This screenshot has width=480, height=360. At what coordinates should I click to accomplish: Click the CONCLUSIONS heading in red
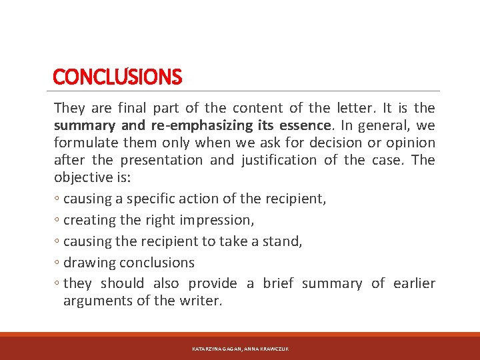117,77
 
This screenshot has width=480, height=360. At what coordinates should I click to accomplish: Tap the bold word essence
303,125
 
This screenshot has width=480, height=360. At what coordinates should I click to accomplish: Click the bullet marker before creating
57,221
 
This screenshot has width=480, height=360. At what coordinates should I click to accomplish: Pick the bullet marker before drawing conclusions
57,263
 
